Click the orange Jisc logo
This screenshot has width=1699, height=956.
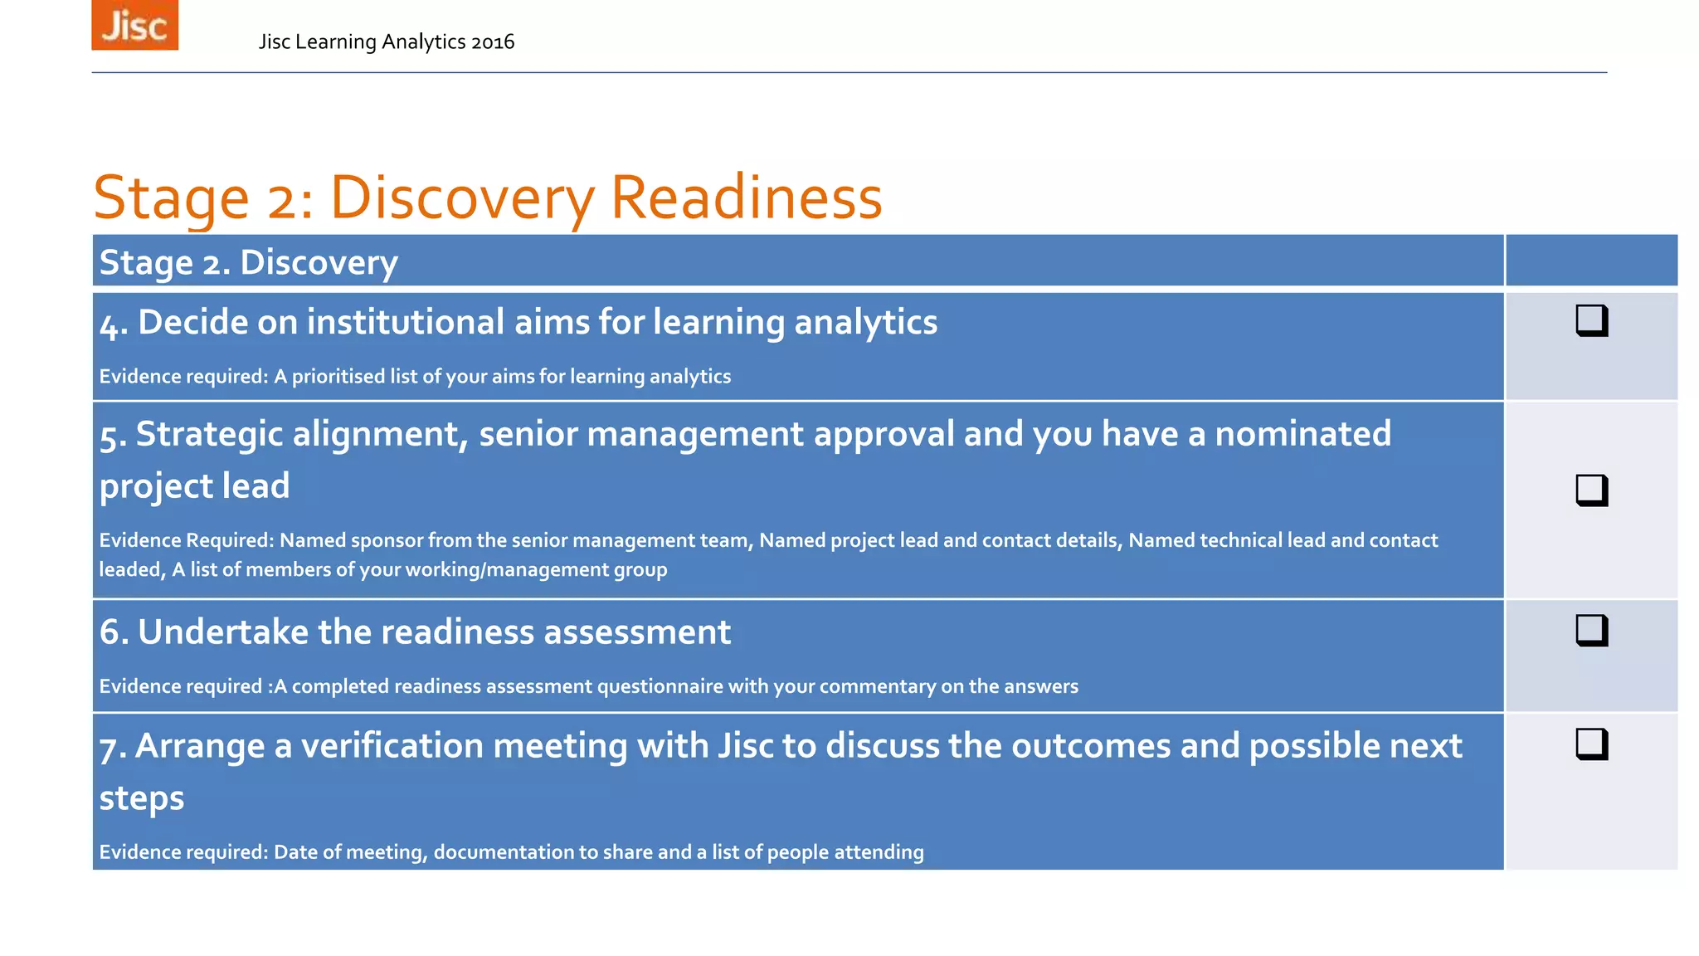tap(134, 26)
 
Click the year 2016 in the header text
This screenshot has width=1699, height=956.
tap(492, 42)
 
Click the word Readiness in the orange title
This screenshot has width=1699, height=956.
tap(746, 198)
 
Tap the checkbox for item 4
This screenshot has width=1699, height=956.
tap(1591, 320)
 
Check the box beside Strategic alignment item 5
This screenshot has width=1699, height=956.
tap(1591, 490)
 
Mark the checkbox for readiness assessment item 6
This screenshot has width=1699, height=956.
tap(1591, 630)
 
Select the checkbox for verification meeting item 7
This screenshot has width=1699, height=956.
tap(1591, 744)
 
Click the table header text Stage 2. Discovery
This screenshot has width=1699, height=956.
tap(248, 262)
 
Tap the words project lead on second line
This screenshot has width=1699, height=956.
tap(195, 486)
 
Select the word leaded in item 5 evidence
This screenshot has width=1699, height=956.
tap(131, 570)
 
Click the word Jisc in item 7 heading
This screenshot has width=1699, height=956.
tap(745, 746)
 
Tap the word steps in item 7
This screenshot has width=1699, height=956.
tap(142, 798)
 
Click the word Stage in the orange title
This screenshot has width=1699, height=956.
tap(171, 198)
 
